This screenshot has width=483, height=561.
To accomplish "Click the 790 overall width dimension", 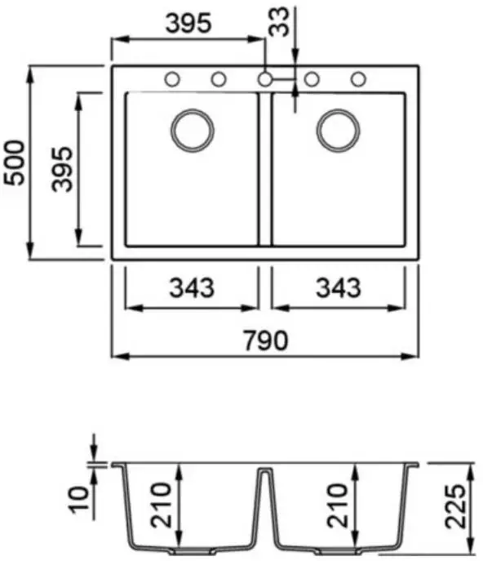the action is (265, 341).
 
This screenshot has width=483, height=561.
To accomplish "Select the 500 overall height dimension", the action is (15, 163).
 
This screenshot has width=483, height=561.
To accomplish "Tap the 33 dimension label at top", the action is (278, 22).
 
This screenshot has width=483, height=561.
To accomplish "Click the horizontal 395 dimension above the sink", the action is (188, 23).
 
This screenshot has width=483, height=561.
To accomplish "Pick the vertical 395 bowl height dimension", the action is (62, 169).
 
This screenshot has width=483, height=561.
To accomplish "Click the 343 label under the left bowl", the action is (192, 287).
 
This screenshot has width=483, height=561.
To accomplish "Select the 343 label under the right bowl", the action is (339, 287).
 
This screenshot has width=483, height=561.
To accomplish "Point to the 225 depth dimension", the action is (455, 506).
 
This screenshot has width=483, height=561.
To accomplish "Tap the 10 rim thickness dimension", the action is (79, 500).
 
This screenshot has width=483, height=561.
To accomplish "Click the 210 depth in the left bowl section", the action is (161, 505).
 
